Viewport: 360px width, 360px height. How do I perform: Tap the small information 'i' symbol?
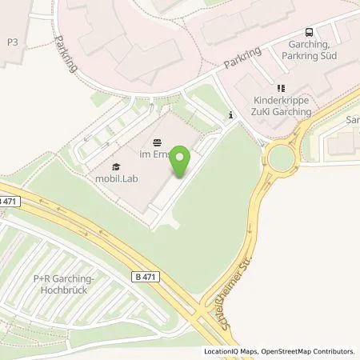point(231,115)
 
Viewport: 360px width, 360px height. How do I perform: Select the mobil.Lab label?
point(118,178)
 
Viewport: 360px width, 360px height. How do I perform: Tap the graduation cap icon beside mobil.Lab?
point(117,166)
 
